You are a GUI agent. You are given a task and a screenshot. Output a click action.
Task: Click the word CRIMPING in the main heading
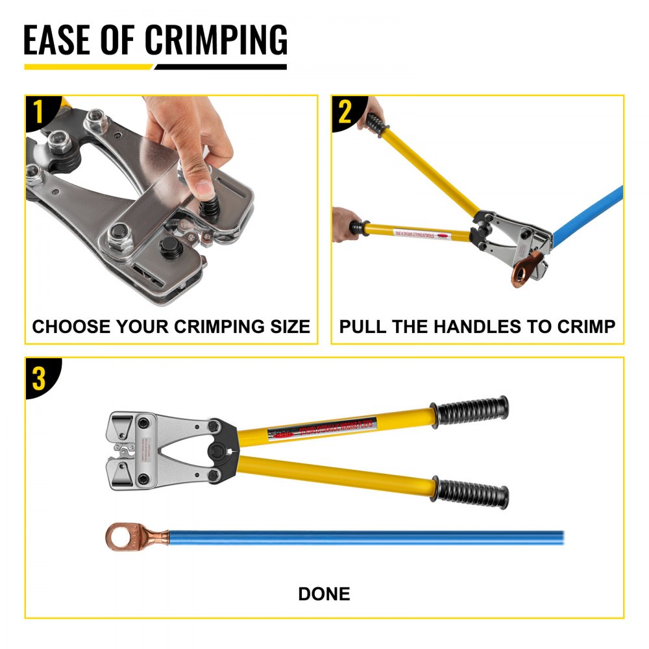coord(215,40)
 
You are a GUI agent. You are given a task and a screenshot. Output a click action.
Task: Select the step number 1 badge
coord(38,111)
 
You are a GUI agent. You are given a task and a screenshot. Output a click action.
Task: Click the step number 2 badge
coord(345,111)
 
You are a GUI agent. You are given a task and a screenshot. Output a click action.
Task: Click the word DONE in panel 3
coord(324,593)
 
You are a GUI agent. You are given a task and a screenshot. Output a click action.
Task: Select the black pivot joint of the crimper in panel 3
coord(223,448)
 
